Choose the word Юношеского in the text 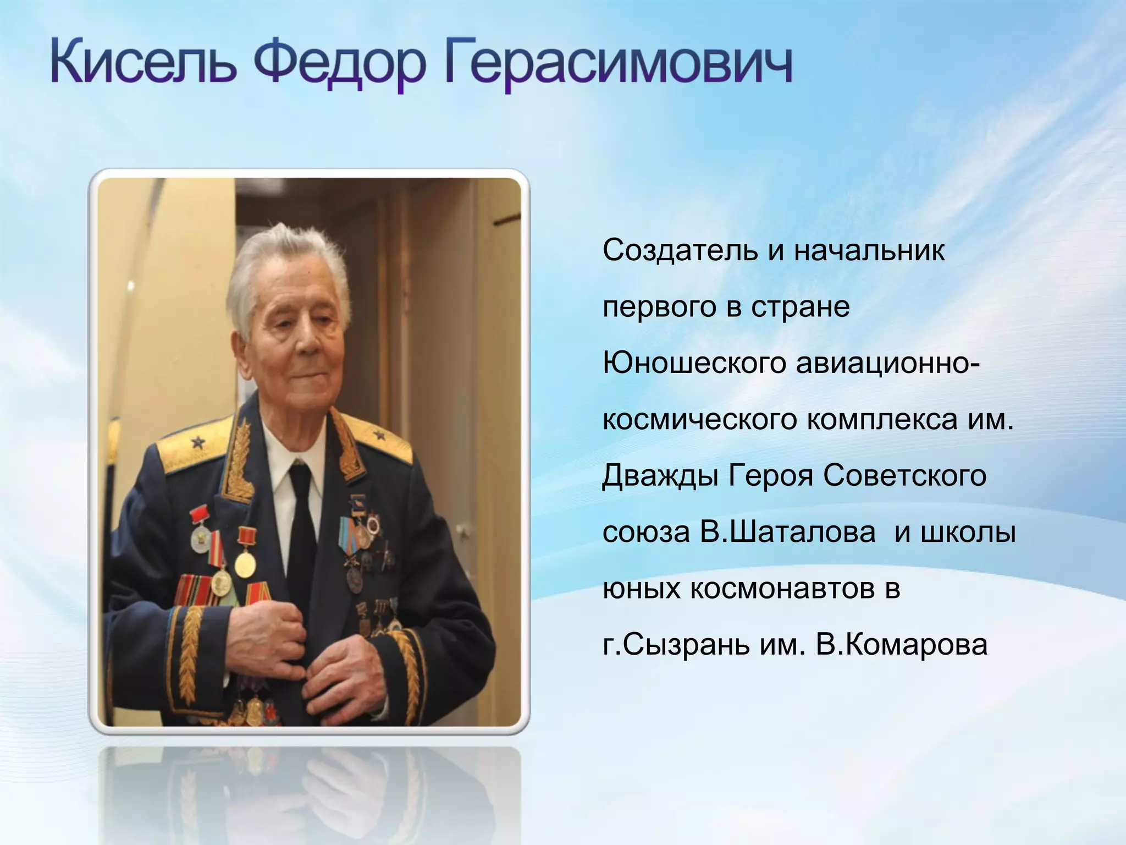694,363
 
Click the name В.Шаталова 788,532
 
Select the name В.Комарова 902,645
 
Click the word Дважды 660,476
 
